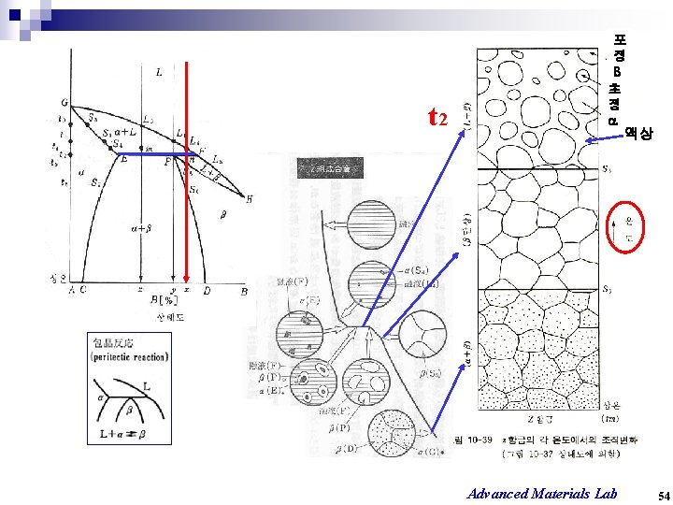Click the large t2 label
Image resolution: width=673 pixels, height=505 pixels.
(438, 118)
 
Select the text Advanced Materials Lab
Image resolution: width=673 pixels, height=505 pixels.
(542, 493)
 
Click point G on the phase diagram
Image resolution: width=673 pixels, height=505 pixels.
(64, 102)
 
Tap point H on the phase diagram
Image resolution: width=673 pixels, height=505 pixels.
(249, 198)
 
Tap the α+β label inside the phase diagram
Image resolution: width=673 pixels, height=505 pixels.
(142, 226)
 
